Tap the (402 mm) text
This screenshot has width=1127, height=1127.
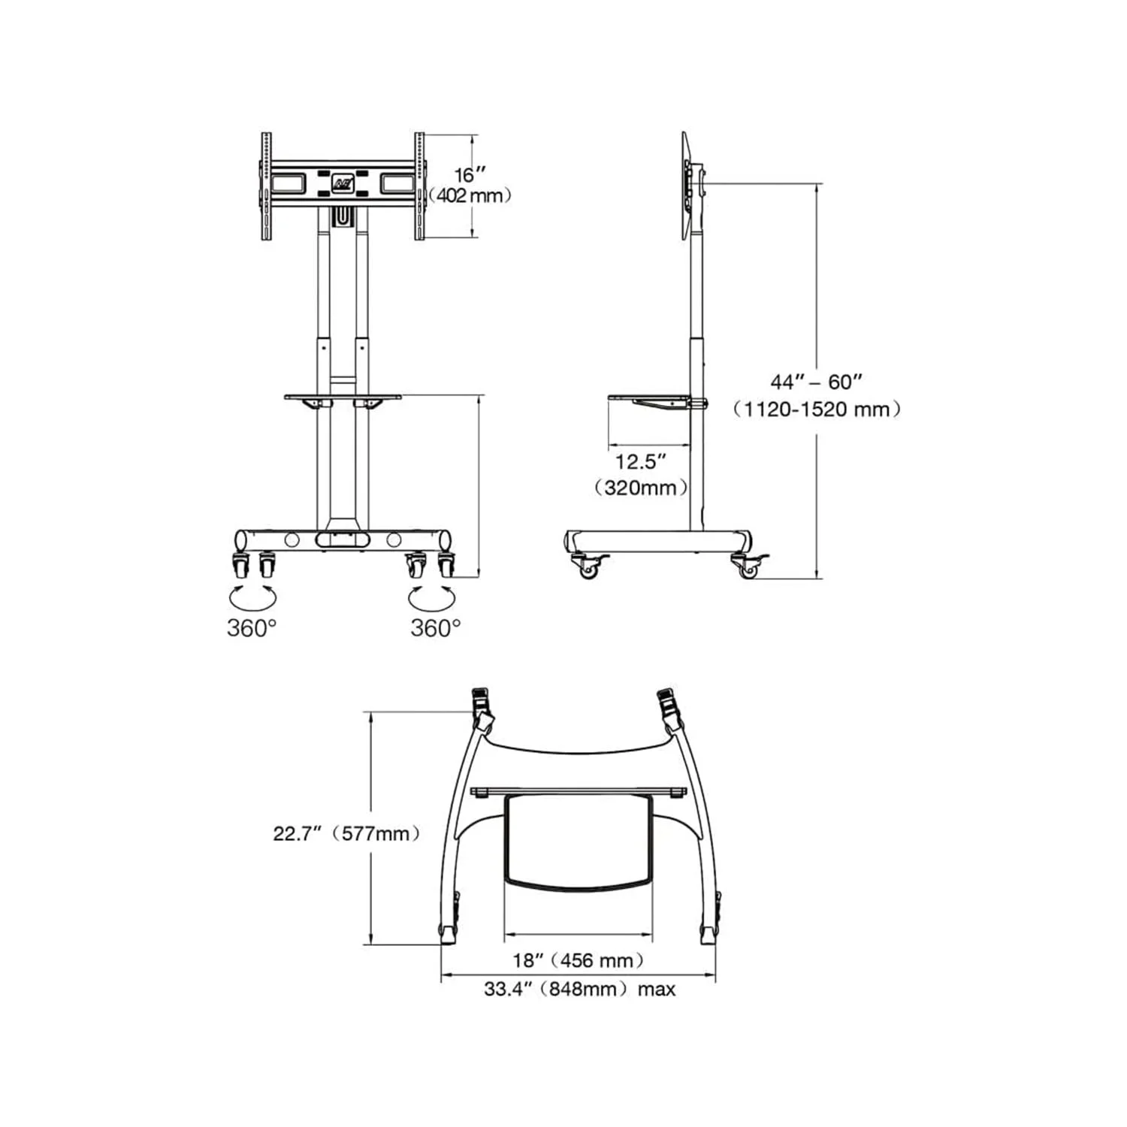point(470,195)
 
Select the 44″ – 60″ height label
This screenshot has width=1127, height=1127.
point(816,382)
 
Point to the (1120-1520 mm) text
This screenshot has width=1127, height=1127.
point(817,409)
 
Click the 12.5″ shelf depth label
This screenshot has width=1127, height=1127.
point(641,461)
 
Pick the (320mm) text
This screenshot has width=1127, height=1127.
point(641,488)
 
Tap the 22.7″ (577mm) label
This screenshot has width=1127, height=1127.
point(346,833)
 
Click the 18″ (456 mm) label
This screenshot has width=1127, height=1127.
point(579,960)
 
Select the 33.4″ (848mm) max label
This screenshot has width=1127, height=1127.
point(579,989)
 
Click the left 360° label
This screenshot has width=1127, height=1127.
point(252,627)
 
